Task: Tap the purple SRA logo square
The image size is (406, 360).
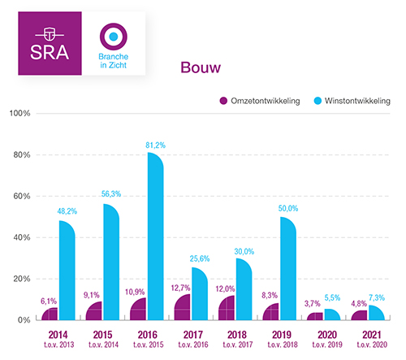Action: [x=49, y=43]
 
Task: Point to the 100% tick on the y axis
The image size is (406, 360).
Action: [x=19, y=113]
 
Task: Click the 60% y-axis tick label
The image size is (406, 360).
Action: [x=20, y=196]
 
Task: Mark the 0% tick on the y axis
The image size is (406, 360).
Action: [x=24, y=320]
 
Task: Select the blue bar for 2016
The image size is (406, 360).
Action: [x=158, y=236]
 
